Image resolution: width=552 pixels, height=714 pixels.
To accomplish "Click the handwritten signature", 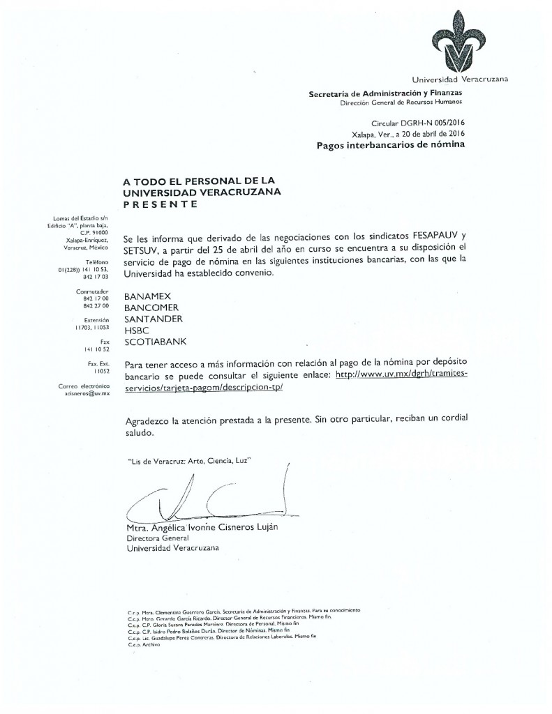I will [202, 496].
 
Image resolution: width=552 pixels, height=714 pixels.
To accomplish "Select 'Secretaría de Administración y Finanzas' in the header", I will [385, 93].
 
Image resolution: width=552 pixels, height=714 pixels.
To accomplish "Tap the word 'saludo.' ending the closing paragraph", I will [138, 433].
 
